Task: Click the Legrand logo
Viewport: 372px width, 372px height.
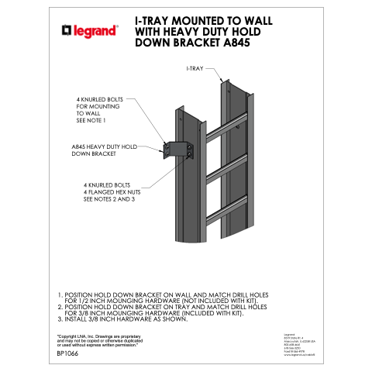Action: click(x=90, y=31)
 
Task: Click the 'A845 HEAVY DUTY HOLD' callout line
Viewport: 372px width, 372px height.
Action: click(x=104, y=146)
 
